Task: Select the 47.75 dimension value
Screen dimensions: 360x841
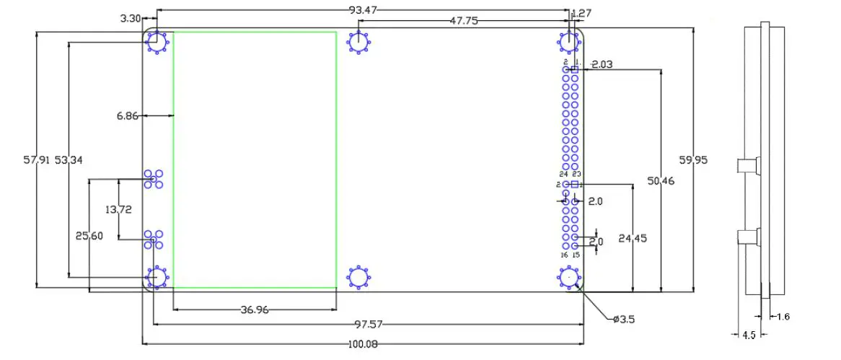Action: (x=464, y=21)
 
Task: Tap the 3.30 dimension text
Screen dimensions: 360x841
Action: (x=130, y=19)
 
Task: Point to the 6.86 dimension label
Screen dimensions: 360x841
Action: (x=127, y=115)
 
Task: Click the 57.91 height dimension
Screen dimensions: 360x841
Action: (x=36, y=160)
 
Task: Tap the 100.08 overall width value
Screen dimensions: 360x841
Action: (x=362, y=344)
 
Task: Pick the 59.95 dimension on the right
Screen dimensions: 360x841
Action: (x=694, y=160)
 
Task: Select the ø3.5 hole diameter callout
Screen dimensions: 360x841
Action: (x=625, y=319)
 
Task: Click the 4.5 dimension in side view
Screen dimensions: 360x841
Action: (x=749, y=335)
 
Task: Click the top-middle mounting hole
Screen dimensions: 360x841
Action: (x=358, y=42)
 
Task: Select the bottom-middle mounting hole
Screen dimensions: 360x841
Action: (x=358, y=277)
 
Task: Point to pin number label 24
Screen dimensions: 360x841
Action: (x=563, y=174)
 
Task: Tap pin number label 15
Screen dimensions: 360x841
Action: (x=576, y=254)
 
